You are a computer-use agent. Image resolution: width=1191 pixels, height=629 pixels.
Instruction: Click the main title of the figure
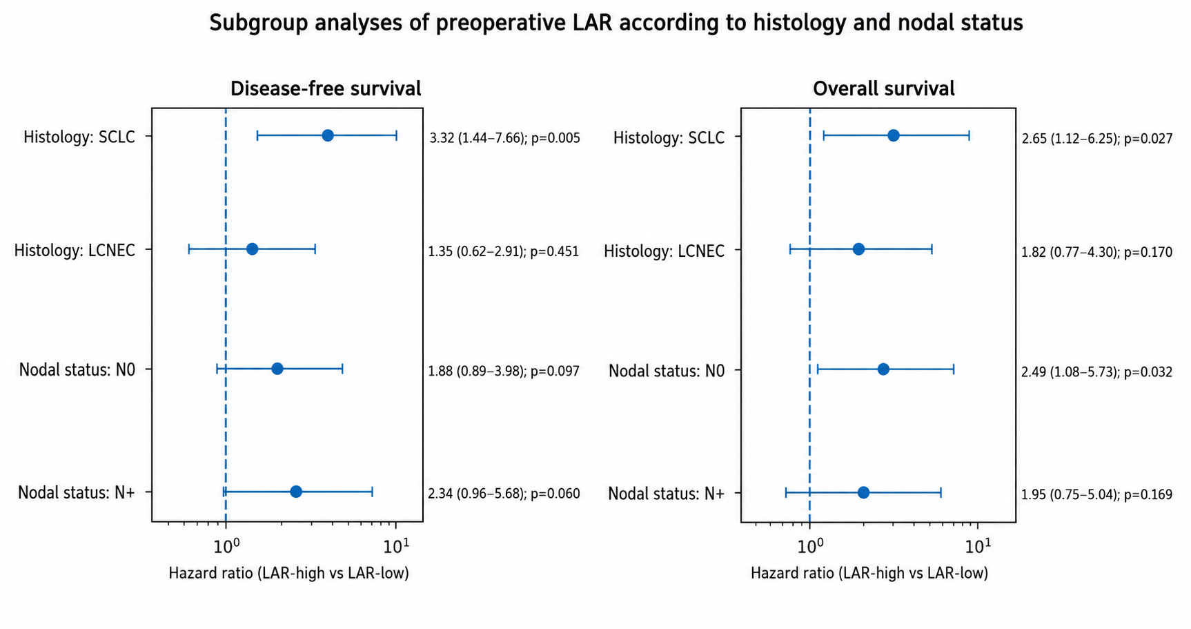click(x=616, y=23)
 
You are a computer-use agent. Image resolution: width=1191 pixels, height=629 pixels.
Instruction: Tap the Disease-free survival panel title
click(x=325, y=89)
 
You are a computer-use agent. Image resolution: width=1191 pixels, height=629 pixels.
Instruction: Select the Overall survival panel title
click(x=883, y=89)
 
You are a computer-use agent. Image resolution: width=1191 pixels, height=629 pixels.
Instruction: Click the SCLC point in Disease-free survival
click(x=328, y=135)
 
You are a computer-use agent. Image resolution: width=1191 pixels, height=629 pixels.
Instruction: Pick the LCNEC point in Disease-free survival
click(x=252, y=249)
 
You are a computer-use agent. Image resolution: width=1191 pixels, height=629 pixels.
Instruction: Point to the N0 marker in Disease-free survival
click(x=277, y=369)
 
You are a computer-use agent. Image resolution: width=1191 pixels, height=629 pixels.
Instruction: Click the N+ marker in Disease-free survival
click(x=296, y=492)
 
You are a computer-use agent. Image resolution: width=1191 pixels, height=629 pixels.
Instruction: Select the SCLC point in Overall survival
click(x=894, y=135)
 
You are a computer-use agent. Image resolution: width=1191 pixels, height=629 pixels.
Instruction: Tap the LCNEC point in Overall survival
click(x=858, y=249)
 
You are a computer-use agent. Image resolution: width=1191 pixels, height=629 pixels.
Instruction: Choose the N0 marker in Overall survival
click(x=883, y=369)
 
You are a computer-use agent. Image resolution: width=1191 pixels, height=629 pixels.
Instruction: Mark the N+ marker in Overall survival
click(x=863, y=492)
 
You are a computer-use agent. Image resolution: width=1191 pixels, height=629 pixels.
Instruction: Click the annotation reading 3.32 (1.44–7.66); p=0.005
click(x=504, y=138)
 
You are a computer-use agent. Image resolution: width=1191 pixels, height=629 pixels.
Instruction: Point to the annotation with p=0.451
click(x=504, y=251)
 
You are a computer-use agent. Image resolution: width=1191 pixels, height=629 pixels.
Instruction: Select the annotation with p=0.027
click(x=1097, y=139)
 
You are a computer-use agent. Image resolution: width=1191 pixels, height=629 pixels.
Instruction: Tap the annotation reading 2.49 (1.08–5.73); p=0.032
click(x=1097, y=372)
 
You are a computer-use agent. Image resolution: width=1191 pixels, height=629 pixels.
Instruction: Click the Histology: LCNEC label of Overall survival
click(x=664, y=251)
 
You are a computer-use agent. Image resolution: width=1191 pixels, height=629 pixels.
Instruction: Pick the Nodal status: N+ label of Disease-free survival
click(x=76, y=493)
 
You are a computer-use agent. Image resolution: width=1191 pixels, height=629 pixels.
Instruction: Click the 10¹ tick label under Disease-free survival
click(x=396, y=545)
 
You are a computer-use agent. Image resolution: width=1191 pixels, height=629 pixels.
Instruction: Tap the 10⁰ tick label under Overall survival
click(x=811, y=545)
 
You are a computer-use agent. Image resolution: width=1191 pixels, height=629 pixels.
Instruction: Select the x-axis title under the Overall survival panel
click(x=869, y=574)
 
